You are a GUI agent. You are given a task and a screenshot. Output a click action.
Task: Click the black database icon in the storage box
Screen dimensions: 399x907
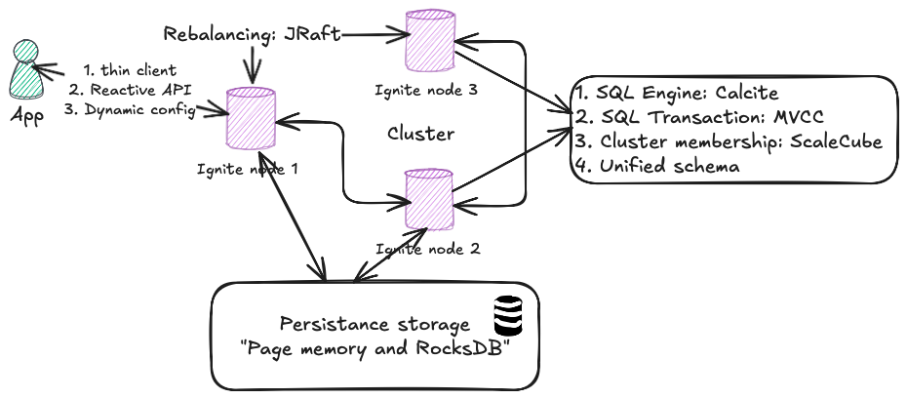click(x=507, y=315)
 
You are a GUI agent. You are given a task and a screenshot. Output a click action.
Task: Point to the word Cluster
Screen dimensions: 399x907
click(x=421, y=133)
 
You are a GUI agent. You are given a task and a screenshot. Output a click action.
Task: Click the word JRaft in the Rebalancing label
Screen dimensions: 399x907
click(x=312, y=34)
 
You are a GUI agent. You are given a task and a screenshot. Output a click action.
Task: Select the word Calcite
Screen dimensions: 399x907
click(x=745, y=94)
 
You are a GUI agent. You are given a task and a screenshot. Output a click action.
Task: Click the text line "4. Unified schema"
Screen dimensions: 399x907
click(x=657, y=167)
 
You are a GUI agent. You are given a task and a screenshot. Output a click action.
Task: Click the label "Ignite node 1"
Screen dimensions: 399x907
click(x=246, y=168)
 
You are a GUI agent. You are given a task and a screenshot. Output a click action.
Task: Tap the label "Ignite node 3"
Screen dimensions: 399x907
click(x=425, y=90)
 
